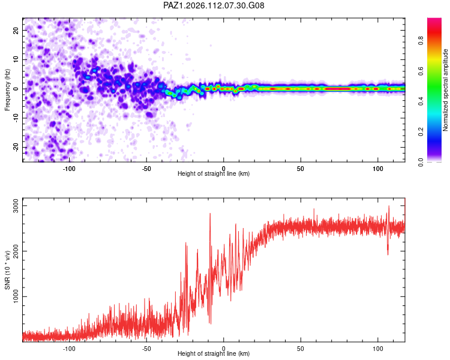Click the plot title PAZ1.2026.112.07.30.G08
pos(214,5)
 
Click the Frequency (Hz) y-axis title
pos(7,90)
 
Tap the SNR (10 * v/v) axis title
pos(7,270)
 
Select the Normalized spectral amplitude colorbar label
pos(445,90)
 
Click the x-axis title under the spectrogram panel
pos(214,173)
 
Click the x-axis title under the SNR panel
pos(214,353)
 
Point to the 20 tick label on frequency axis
pos(16,30)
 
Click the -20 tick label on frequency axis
pos(16,148)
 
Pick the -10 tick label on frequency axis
pos(16,118)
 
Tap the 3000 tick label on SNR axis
pos(16,206)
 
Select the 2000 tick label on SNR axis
pos(16,251)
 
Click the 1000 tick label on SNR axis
pos(16,296)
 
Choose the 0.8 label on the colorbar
pos(421,40)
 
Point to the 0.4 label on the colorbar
pos(421,101)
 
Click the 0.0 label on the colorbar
pos(421,162)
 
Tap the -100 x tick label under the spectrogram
pos(69,169)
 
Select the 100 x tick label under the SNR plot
pos(378,349)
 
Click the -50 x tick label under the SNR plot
pos(146,349)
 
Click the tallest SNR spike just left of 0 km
pos(210,214)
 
